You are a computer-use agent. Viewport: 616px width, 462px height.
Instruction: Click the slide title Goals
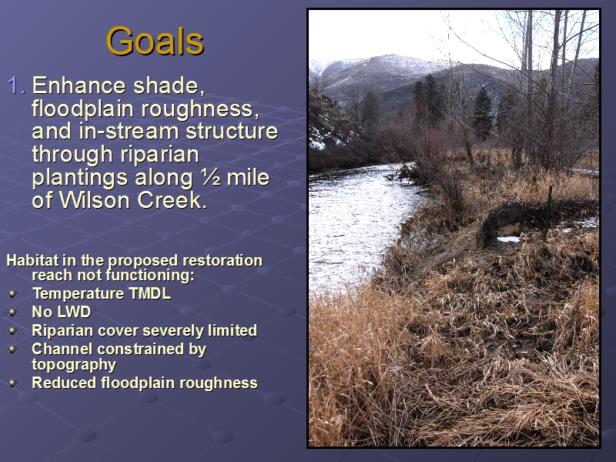click(x=155, y=41)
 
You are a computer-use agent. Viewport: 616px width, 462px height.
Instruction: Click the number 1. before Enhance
click(x=16, y=85)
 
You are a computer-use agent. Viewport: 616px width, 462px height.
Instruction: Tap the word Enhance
click(x=79, y=85)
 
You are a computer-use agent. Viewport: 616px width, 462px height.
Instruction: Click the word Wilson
click(x=95, y=200)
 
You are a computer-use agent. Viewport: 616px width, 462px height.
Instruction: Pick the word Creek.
click(x=172, y=200)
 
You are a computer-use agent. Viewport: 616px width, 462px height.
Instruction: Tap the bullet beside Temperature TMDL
click(x=12, y=293)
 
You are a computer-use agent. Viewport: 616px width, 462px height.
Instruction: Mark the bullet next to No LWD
click(x=12, y=312)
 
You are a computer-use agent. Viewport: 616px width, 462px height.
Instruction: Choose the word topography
click(x=74, y=365)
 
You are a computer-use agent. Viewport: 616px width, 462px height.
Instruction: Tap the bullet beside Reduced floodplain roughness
click(x=12, y=383)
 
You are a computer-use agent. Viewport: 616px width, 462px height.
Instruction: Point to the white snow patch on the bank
click(x=508, y=239)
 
